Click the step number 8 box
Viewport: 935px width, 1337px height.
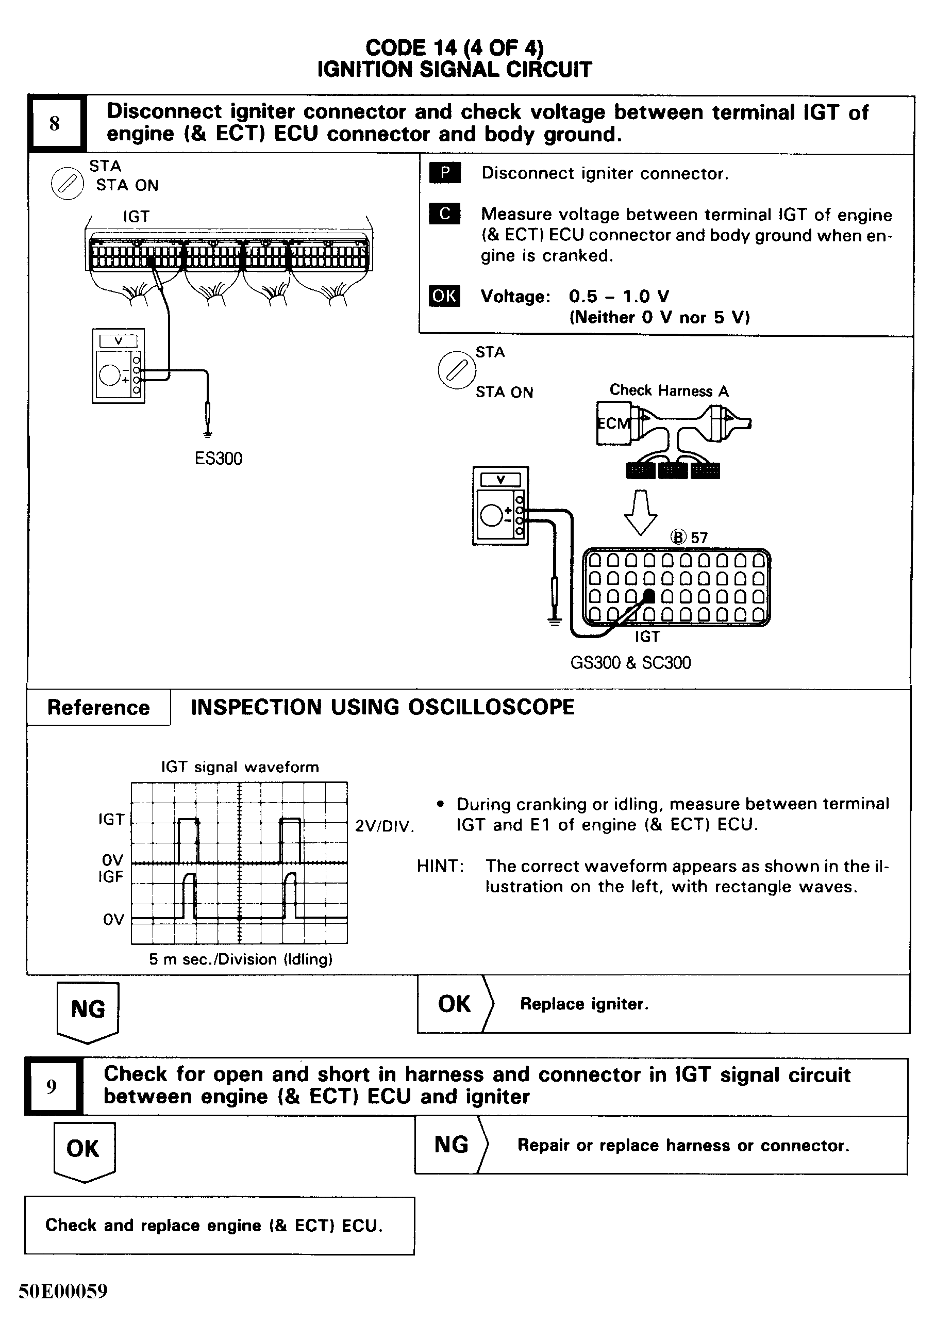(55, 123)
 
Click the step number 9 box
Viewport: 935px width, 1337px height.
(52, 1087)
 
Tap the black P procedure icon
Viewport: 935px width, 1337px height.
(444, 173)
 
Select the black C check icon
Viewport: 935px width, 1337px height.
(444, 214)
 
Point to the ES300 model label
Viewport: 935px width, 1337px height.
(218, 458)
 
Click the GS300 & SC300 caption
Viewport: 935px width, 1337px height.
(630, 663)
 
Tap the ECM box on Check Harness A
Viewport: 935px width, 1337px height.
(613, 423)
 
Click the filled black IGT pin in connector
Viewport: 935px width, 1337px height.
(649, 596)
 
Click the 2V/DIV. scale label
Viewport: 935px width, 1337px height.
(384, 826)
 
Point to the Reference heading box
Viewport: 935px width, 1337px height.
(98, 708)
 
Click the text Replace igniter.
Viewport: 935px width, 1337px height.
(583, 1004)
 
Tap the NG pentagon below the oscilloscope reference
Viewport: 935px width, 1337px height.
(88, 1010)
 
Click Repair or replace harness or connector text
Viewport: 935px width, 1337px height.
(683, 1146)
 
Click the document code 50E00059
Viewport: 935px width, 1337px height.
(63, 1291)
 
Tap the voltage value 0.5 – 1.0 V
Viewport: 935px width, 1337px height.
(619, 297)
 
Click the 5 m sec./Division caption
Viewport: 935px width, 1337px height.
(240, 959)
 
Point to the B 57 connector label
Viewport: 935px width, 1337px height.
(689, 537)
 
